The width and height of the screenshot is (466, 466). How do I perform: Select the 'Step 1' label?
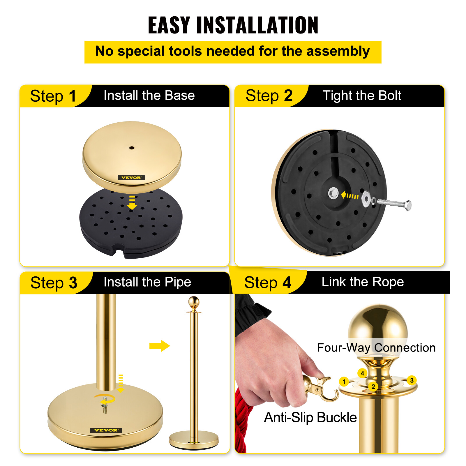(x=53, y=96)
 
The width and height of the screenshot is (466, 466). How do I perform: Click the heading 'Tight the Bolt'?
(x=362, y=96)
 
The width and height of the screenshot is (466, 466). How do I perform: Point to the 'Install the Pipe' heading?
(x=147, y=282)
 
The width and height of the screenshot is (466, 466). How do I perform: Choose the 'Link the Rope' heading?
(x=363, y=282)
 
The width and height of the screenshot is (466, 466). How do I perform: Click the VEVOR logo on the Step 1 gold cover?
(x=131, y=178)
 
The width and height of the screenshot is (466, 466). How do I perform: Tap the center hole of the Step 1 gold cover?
(x=132, y=148)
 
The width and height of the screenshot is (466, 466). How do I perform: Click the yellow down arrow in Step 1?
(x=132, y=203)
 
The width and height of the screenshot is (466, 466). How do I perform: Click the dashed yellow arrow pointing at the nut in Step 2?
(x=349, y=196)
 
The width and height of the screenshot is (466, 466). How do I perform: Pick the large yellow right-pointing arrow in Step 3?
(x=159, y=346)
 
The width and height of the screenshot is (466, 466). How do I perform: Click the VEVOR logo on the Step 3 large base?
(x=106, y=430)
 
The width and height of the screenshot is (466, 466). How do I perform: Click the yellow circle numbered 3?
(x=412, y=380)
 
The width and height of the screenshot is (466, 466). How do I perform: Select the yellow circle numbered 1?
(x=344, y=381)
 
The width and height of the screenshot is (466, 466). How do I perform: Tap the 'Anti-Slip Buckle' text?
(x=310, y=417)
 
